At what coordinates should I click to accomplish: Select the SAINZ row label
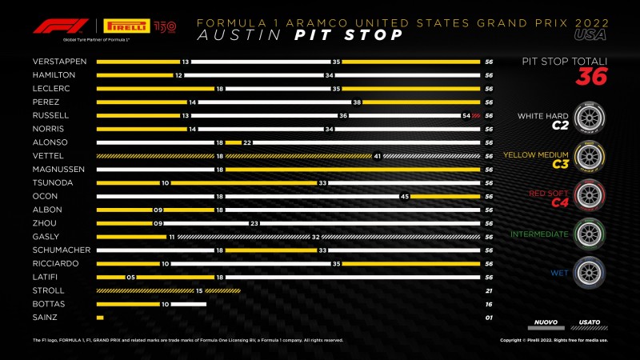point(46,318)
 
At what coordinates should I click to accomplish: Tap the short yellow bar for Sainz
point(100,318)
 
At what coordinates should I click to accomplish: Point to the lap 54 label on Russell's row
point(466,115)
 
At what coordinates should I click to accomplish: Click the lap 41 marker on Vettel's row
point(377,156)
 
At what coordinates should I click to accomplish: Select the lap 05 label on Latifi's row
point(130,277)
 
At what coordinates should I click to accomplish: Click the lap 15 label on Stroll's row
point(199,290)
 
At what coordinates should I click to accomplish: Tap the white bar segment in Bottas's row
point(189,304)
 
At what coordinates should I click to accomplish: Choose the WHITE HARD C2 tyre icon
point(588,117)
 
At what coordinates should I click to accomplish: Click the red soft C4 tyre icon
point(588,194)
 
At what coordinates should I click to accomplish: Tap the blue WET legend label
point(558,273)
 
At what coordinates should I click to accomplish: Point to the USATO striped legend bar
point(590,326)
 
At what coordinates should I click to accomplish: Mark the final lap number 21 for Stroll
point(487,290)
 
